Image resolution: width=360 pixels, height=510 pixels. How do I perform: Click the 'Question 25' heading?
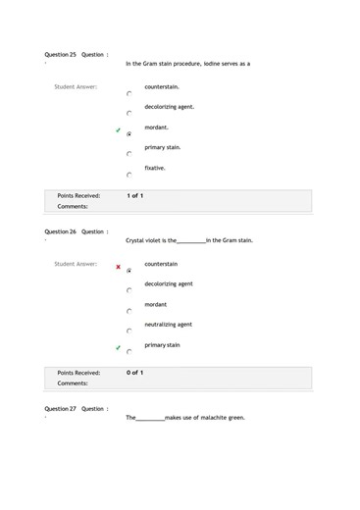click(x=61, y=55)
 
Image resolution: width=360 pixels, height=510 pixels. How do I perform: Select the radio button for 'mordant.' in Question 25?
click(x=129, y=133)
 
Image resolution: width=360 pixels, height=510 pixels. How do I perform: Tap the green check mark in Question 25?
click(x=118, y=130)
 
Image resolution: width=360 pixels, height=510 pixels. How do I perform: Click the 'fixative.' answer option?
click(x=155, y=168)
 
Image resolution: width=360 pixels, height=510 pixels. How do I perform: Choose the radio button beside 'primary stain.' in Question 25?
click(x=129, y=154)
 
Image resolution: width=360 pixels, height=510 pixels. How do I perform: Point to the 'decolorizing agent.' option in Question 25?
click(x=169, y=107)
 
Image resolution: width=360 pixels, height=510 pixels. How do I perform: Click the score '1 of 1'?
click(x=135, y=196)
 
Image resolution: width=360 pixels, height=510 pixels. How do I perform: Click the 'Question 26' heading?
click(x=61, y=231)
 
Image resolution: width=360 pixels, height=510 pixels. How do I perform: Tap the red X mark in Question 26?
click(x=118, y=267)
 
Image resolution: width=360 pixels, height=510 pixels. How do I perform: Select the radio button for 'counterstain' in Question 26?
click(x=129, y=270)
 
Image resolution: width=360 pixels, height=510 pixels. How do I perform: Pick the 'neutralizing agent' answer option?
click(x=168, y=324)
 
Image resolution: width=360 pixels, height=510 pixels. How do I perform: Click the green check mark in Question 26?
click(x=118, y=348)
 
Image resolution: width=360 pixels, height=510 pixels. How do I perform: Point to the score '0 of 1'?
click(x=135, y=373)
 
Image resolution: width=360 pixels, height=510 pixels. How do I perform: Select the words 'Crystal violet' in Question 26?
click(x=145, y=240)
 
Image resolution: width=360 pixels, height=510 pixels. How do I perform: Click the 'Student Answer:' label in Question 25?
click(x=75, y=87)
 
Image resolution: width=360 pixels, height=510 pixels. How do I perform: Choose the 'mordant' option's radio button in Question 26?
click(x=129, y=311)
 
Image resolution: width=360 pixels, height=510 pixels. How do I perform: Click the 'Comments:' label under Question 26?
click(x=73, y=383)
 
